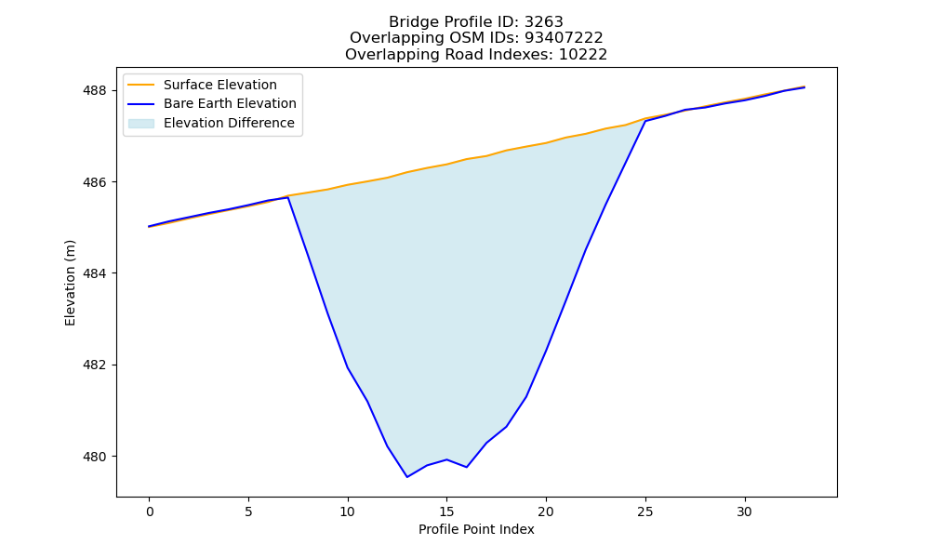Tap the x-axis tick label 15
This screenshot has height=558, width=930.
point(446,511)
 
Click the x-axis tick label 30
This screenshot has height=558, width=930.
point(744,511)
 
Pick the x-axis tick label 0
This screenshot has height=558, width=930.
point(150,511)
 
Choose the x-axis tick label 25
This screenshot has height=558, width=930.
point(645,511)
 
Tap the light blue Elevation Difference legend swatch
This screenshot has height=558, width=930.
point(141,124)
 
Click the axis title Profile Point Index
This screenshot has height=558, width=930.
point(476,529)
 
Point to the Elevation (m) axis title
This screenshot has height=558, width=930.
point(71,283)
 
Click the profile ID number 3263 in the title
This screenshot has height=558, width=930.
point(544,22)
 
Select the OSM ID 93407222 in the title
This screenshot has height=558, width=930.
point(564,38)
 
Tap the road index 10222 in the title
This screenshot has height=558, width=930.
point(583,55)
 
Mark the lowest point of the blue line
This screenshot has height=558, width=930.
point(407,477)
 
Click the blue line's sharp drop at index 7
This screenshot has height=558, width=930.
point(287,197)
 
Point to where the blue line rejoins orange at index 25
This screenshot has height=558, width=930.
point(645,120)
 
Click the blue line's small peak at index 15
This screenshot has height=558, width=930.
point(446,459)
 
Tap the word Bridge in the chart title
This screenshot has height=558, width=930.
point(409,22)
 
